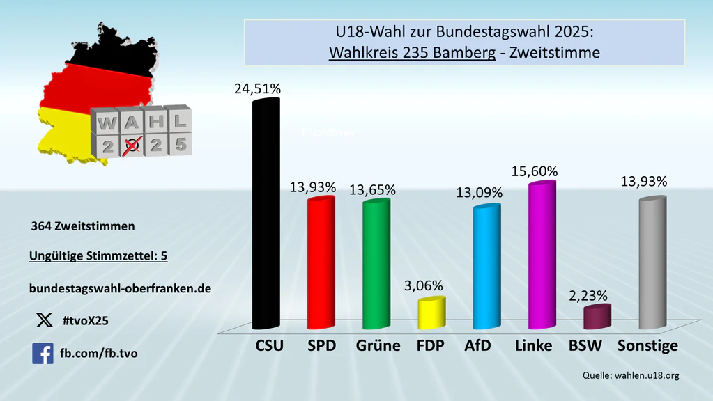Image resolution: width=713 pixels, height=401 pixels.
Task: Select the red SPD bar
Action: tap(321, 262)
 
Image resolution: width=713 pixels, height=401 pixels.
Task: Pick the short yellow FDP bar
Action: tap(431, 313)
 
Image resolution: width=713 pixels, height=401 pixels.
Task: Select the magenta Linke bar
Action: tap(542, 255)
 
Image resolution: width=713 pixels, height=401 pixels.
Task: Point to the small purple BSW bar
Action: tap(597, 317)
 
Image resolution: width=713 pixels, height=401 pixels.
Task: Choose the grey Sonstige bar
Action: tap(652, 262)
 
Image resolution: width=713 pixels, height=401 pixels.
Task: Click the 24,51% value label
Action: tap(257, 88)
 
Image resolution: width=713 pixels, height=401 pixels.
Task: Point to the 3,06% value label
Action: tap(423, 285)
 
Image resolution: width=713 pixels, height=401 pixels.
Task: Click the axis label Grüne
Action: tap(378, 345)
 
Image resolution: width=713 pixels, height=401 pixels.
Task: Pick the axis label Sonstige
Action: tap(648, 345)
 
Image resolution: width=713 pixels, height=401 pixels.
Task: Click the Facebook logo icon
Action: tap(43, 353)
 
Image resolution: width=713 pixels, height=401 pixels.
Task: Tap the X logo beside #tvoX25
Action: tap(43, 320)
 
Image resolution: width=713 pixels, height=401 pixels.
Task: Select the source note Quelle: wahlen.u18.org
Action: tap(631, 375)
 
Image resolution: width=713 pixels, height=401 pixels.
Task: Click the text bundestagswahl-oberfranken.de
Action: tap(120, 288)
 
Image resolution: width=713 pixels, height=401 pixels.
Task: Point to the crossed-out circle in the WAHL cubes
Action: tap(131, 145)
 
